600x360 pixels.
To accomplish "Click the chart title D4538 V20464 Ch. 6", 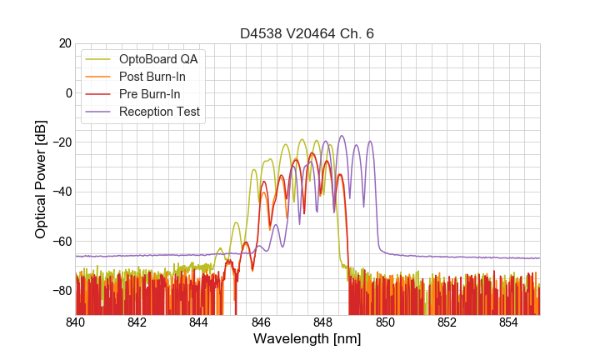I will (x=307, y=34).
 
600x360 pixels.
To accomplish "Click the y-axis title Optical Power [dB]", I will (x=41, y=179).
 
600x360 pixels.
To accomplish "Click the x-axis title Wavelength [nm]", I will (x=307, y=339).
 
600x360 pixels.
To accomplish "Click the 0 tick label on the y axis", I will (x=67, y=92).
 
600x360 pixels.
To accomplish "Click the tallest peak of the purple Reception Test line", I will (x=342, y=136).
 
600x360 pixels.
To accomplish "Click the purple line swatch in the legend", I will (x=98, y=112).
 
